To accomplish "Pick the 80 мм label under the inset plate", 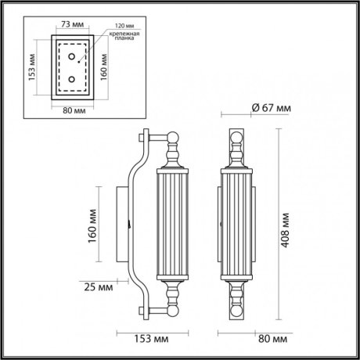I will point(73,110).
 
